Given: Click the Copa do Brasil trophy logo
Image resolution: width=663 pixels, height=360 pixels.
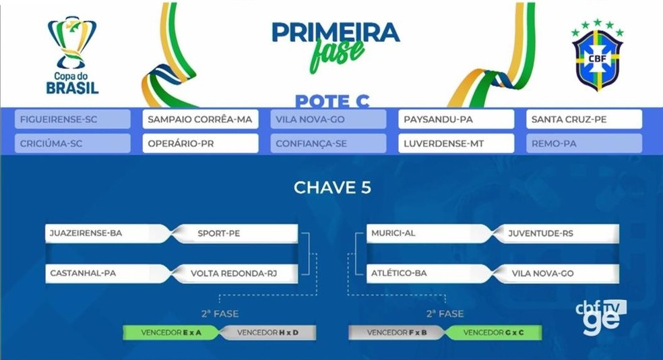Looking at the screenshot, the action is point(72,55).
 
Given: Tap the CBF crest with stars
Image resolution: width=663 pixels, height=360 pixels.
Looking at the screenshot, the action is point(598,55).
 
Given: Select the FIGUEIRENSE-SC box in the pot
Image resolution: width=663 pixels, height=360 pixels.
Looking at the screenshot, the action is point(73,119).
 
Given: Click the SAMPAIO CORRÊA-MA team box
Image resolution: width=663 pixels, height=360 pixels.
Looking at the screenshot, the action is point(200,119).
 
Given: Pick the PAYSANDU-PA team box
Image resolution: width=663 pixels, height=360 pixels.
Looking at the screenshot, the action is point(456,119).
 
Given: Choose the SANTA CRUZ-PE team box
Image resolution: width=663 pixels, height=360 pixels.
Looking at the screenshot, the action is point(584,119).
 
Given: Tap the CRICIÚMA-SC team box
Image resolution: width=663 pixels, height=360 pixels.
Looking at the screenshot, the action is point(73,144).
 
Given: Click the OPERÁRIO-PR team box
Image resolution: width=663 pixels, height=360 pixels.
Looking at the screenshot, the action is point(200,144).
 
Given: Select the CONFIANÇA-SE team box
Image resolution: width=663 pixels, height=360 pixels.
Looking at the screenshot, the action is point(328,144).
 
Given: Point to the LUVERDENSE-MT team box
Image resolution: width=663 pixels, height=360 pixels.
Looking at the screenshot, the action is point(456,144).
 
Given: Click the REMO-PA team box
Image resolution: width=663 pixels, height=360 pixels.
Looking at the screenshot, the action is point(584,144).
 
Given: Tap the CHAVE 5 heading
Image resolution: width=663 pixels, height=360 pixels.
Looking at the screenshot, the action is point(332,187).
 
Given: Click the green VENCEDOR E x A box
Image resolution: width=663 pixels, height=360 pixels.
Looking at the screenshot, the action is point(171,332).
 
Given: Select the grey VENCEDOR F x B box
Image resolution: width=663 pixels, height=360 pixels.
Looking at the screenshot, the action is point(396,332).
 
